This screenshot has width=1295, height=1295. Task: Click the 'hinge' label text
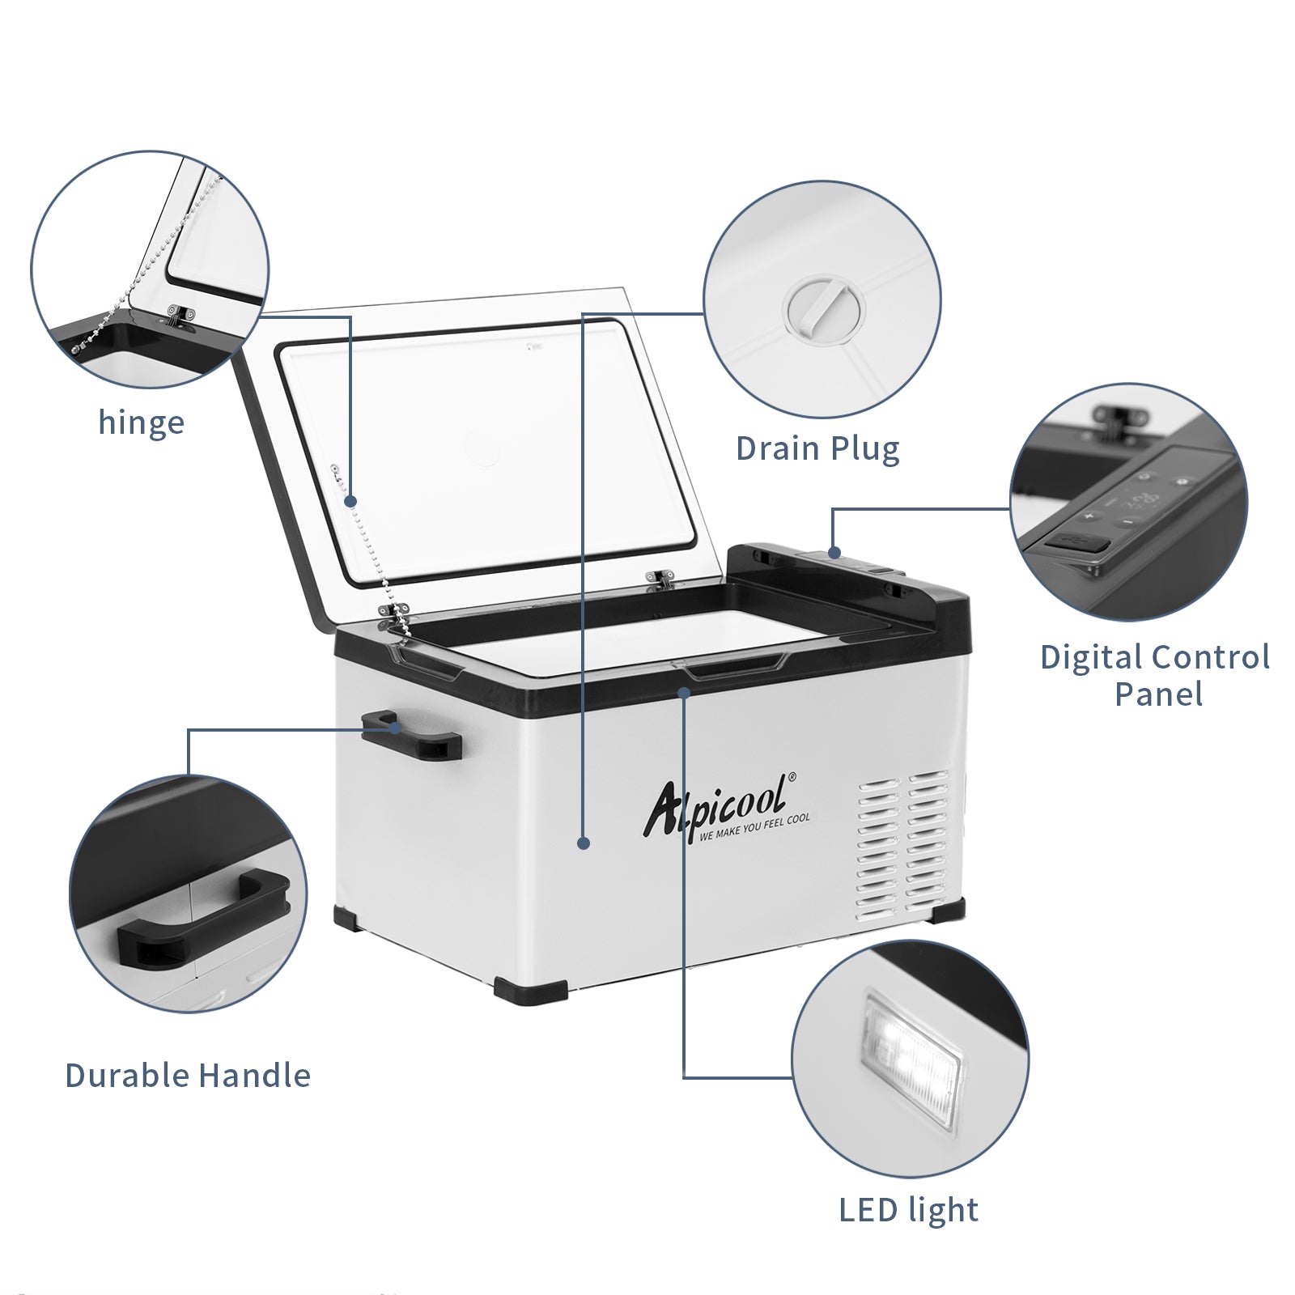pyautogui.click(x=141, y=422)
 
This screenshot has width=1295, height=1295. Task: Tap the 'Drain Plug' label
pyautogui.click(x=817, y=448)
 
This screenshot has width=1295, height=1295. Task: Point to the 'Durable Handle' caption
pyautogui.click(x=188, y=1076)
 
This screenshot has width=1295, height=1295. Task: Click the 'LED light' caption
pyautogui.click(x=908, y=1210)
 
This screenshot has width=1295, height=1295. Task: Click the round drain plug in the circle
pyautogui.click(x=824, y=308)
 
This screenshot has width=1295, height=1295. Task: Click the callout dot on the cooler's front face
pyautogui.click(x=584, y=843)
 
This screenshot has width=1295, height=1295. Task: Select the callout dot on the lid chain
pyautogui.click(x=351, y=502)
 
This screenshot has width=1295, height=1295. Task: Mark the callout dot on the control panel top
pyautogui.click(x=834, y=554)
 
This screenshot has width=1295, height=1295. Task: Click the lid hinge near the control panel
pyautogui.click(x=661, y=577)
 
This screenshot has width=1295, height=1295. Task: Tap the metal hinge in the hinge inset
pyautogui.click(x=182, y=314)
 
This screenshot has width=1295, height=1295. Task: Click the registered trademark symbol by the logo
pyautogui.click(x=792, y=776)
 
